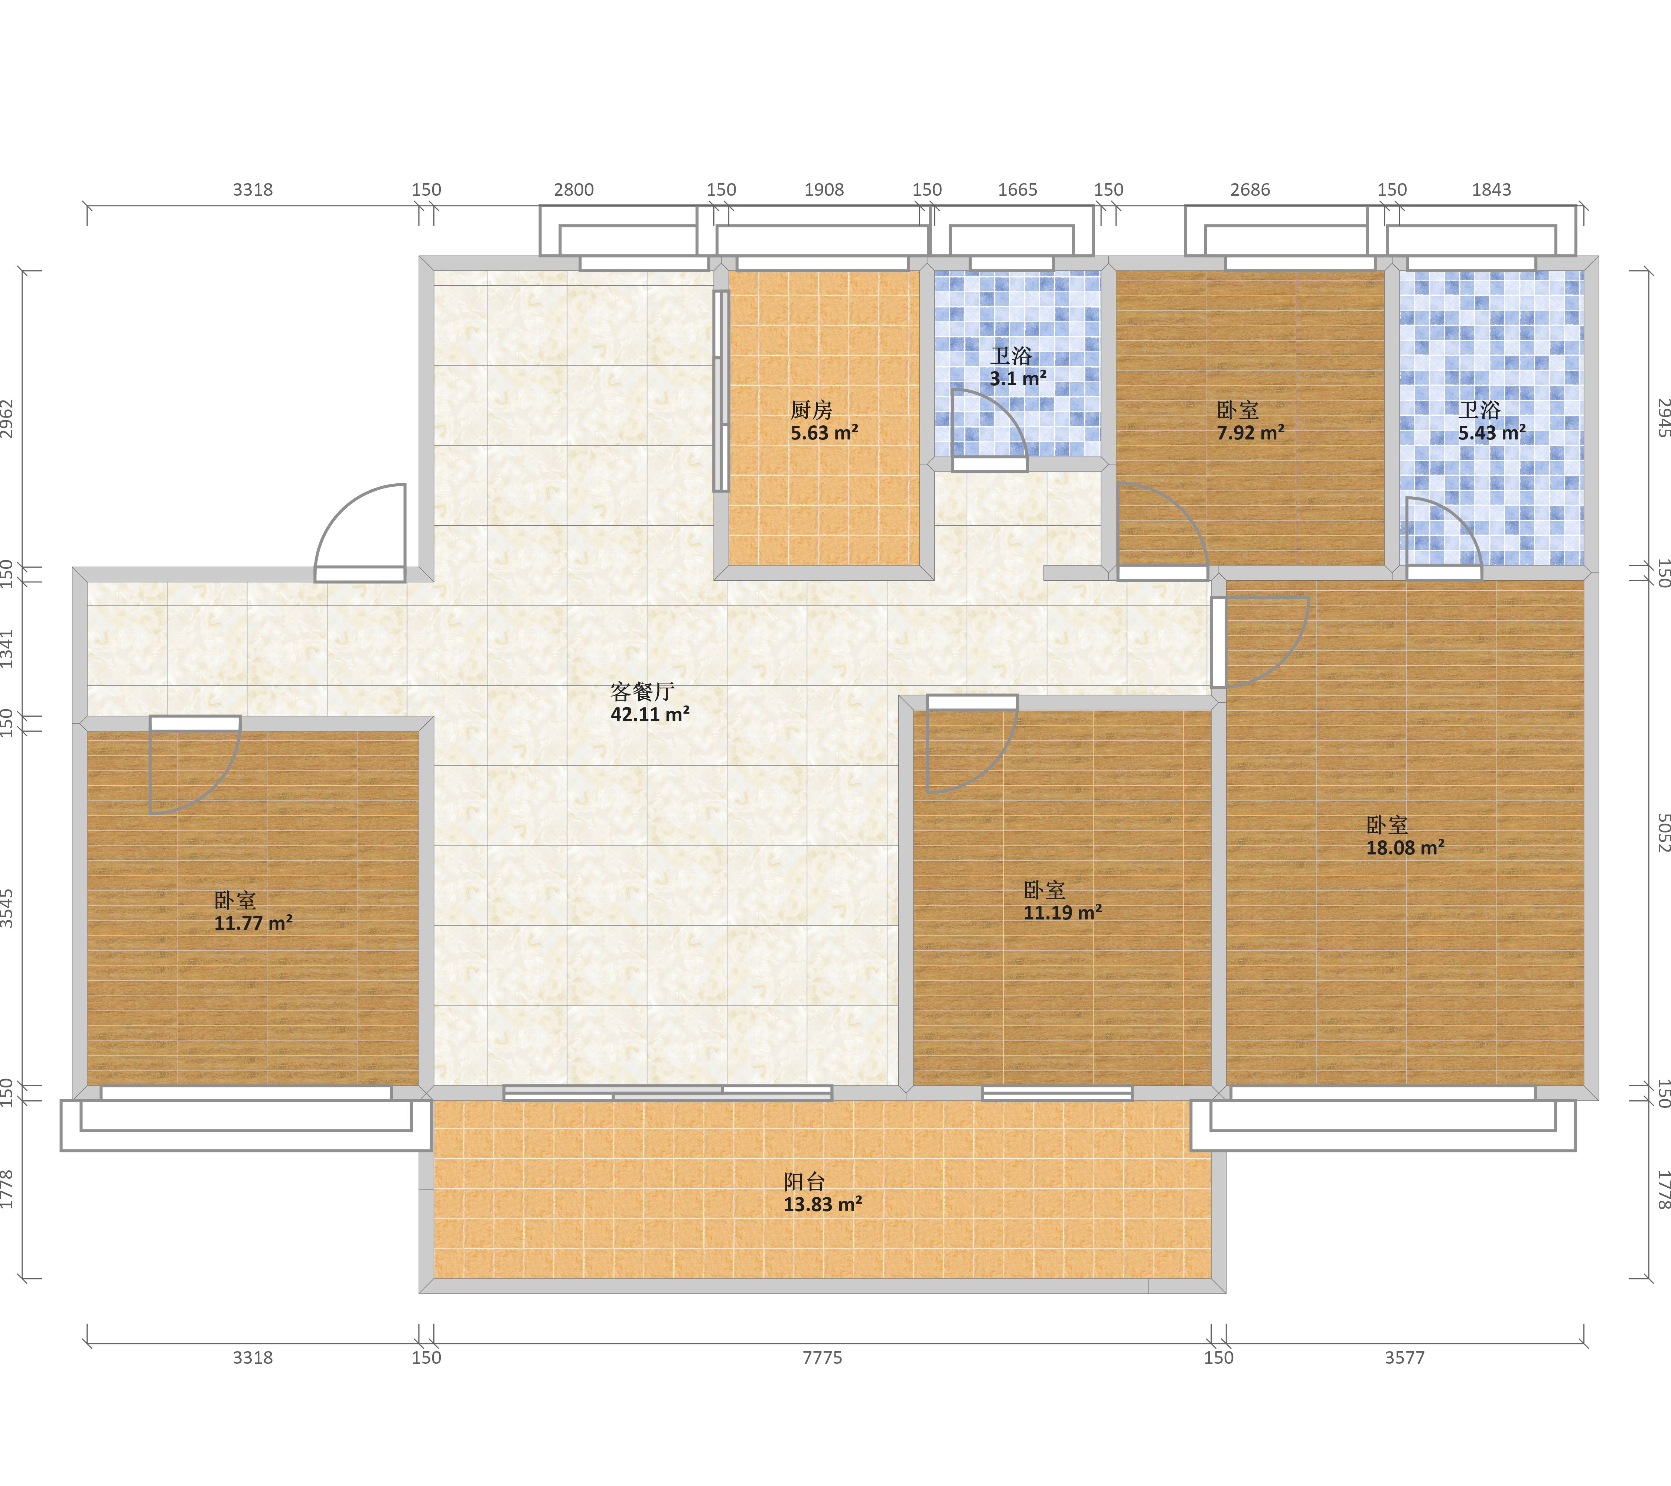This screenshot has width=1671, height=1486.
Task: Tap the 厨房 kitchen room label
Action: [x=811, y=410]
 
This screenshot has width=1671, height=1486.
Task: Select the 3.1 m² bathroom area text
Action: [x=1018, y=379]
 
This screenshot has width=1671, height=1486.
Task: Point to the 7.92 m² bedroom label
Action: [x=1250, y=433]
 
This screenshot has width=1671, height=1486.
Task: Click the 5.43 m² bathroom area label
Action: [x=1492, y=433]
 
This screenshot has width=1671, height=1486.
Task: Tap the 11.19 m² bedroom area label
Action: [x=1063, y=913]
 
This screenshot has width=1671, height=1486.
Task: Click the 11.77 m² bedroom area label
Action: [x=253, y=923]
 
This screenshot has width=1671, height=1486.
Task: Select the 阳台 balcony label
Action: [x=804, y=1182]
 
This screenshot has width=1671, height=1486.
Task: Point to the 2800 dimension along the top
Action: [x=574, y=190]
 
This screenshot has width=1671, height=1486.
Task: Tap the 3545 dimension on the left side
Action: [x=7, y=909]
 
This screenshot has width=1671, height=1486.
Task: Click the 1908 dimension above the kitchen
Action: [x=824, y=190]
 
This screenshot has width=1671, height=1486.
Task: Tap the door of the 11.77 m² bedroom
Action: [x=195, y=766]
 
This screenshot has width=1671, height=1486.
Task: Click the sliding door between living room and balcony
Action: [x=668, y=1093]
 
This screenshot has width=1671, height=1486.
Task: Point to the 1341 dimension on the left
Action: [x=7, y=649]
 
